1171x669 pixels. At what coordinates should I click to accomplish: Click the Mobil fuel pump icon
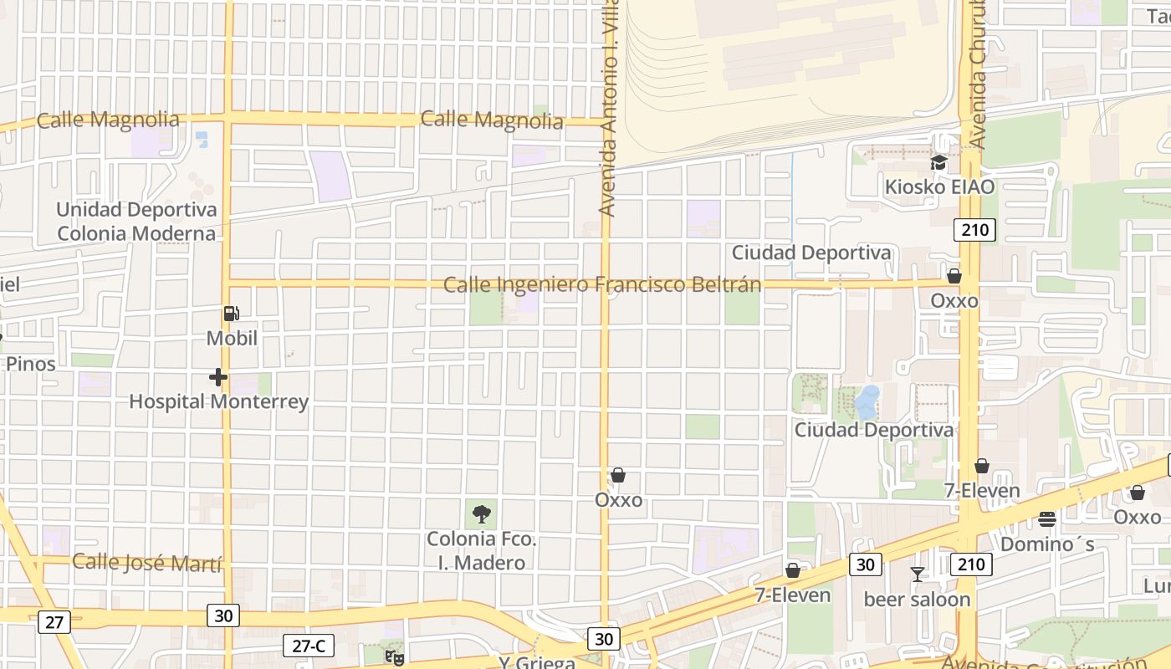point(231,314)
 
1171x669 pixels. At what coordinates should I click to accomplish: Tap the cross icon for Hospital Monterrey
point(218,378)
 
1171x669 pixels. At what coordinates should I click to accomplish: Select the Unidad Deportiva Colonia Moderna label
point(136,222)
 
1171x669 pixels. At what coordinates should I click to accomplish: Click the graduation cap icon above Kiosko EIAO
point(938,163)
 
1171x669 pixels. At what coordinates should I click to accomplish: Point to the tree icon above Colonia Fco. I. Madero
point(481,513)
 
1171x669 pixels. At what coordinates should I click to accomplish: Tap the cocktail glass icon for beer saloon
point(918,575)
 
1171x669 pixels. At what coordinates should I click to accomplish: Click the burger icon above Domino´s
point(1046,519)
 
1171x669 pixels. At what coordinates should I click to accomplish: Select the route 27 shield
point(54,622)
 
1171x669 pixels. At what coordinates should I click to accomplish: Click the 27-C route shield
point(309,646)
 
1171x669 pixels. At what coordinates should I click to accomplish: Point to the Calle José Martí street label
point(148,562)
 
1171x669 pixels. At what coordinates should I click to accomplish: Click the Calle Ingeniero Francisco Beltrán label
point(602,285)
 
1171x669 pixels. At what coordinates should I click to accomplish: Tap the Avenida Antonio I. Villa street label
point(609,109)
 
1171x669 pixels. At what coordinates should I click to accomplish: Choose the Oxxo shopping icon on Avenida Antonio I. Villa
point(618,476)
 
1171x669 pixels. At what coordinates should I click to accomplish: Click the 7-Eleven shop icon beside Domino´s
point(982,466)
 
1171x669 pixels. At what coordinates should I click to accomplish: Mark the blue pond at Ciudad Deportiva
point(867,402)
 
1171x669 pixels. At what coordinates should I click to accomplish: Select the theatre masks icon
point(394,657)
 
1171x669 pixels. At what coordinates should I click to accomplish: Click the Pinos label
point(31,364)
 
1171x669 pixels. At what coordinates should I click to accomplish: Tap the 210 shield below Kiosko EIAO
point(974,230)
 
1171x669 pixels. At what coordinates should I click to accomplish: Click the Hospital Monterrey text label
point(218,402)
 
